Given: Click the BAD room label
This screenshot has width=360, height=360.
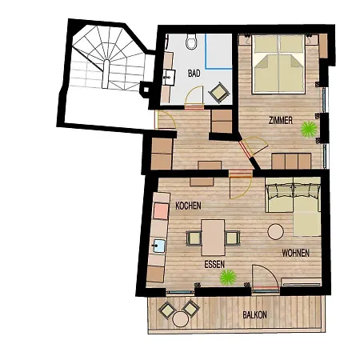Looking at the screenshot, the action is (194, 74).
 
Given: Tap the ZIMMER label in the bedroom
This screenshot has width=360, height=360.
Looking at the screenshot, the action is (281, 121).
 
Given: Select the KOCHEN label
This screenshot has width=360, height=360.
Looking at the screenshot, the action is (188, 206).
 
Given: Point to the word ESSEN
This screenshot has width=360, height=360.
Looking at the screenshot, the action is (214, 264).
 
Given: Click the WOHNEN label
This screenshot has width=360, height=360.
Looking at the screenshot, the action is (295, 253).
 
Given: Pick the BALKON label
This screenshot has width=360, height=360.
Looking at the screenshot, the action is (254, 315).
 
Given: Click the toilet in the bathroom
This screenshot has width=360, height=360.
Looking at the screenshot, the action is (191, 42).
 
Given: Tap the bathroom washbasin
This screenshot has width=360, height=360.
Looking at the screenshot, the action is (169, 78).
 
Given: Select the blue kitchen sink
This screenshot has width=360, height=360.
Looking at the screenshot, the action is (159, 246).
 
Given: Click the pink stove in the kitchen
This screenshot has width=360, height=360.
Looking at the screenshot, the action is (162, 211).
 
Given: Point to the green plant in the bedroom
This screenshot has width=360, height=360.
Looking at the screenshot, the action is (309, 130).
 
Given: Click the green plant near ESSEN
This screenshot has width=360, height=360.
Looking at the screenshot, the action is (228, 278).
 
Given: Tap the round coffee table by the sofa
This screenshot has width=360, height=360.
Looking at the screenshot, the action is (276, 232).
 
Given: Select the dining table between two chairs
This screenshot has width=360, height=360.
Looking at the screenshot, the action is (213, 238).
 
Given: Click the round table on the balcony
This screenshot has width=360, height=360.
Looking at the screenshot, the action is (181, 319).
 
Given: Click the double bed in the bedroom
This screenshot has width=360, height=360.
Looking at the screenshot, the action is (278, 64).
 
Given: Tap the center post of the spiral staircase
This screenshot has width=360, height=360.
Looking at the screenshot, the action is (106, 74).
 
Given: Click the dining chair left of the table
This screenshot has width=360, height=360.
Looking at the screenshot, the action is (194, 238).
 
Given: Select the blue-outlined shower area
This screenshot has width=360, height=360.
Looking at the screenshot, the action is (218, 51).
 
